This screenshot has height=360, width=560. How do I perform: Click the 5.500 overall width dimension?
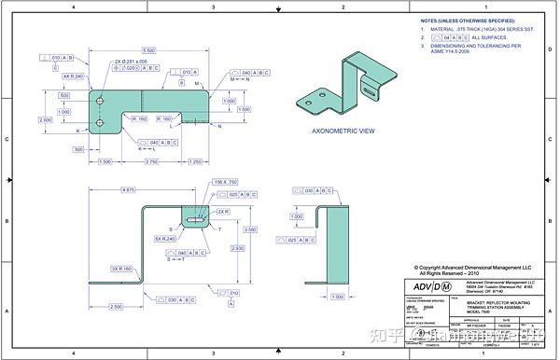148,49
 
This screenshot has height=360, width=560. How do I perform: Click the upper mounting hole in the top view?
100,95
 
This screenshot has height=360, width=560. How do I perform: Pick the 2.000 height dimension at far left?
45,119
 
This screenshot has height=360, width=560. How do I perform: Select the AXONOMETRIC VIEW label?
343,132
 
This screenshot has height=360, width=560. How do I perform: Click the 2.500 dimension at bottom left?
115,306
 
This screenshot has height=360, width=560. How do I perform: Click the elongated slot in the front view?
197,221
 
